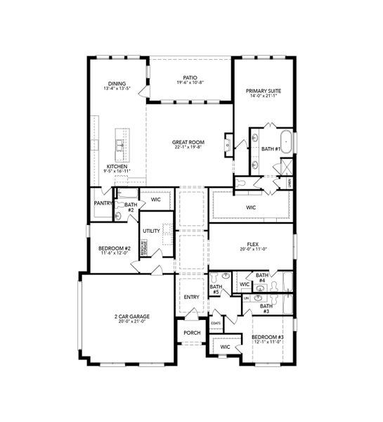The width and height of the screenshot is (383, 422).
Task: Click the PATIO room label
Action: click(190, 78)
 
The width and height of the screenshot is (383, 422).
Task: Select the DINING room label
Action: click(117, 84)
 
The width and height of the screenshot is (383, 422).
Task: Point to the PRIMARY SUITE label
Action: click(263, 91)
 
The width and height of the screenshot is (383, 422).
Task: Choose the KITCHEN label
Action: click(117, 167)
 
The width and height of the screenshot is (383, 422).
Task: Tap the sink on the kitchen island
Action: click(120, 147)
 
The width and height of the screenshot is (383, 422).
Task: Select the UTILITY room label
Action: click(151, 230)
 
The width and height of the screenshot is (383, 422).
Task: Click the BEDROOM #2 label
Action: click(113, 249)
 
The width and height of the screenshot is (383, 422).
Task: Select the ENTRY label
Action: click(191, 297)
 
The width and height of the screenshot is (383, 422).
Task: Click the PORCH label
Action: click(191, 333)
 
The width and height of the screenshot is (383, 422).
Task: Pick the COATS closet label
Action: click(216, 324)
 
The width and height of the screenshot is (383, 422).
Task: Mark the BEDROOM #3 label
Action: click(268, 337)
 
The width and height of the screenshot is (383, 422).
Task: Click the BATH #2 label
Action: click(129, 207)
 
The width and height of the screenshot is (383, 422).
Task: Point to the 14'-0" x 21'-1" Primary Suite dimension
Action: click(263, 96)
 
